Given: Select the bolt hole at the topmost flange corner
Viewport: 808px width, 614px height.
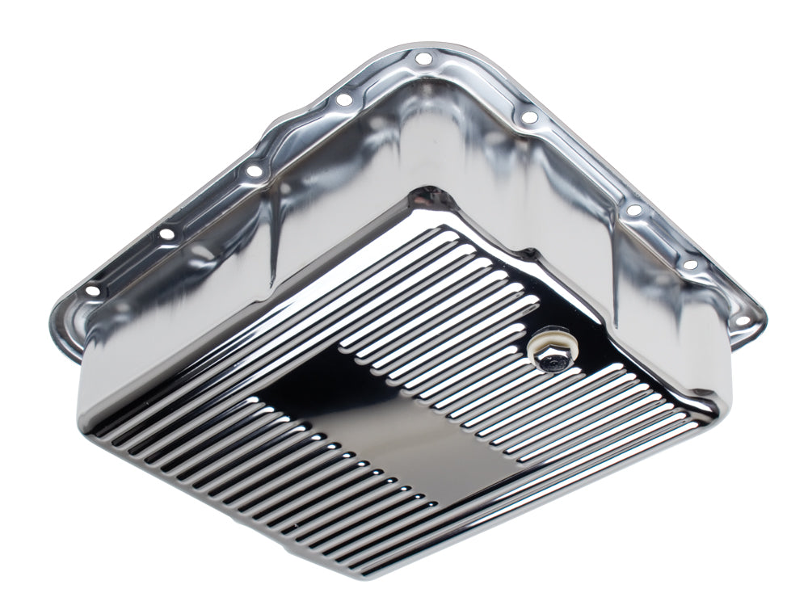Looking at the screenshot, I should (x=422, y=58).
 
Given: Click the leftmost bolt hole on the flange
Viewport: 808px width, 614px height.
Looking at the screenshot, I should (x=91, y=290).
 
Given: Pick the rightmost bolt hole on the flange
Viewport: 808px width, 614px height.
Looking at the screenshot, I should (x=742, y=321).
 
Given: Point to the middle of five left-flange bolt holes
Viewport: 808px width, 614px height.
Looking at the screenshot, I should (x=254, y=170).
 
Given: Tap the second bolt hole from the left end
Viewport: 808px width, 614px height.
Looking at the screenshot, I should (x=167, y=234).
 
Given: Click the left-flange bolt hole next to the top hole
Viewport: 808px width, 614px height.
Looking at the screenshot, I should (x=343, y=99).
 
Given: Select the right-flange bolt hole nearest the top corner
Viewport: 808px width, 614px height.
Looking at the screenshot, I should (x=529, y=118).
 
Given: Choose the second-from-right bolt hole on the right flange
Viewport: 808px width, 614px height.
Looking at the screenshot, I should (x=689, y=265).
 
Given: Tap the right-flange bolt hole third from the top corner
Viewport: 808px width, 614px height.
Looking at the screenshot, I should (x=634, y=210).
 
